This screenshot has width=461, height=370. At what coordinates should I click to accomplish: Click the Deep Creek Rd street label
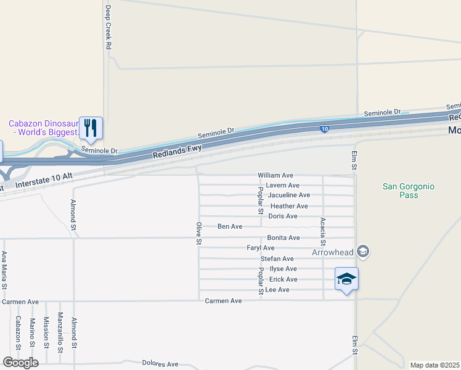pos(108,28)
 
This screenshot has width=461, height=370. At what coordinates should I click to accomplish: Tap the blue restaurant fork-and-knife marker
pos(91,128)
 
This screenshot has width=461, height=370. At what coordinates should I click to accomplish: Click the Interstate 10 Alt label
pos(44,181)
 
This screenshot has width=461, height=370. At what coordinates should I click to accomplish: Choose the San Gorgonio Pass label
pos(400,191)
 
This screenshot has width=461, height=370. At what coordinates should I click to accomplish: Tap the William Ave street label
pos(275,175)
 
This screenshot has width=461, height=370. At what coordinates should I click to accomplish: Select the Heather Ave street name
pos(289,206)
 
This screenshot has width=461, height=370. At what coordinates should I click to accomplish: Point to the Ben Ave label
pos(230,227)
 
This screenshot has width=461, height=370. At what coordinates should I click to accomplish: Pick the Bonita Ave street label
pos(284,237)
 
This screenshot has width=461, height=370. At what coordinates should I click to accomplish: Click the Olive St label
pos(199,233)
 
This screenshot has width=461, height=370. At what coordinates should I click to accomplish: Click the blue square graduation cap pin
pos(346,279)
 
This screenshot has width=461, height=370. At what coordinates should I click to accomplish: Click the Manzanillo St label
pos(60,332)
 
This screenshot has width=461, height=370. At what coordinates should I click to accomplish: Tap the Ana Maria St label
pos(4,269)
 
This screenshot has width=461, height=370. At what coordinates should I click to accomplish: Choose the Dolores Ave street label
pos(160,364)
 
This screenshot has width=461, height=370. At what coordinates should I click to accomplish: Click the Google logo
pos(20,363)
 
